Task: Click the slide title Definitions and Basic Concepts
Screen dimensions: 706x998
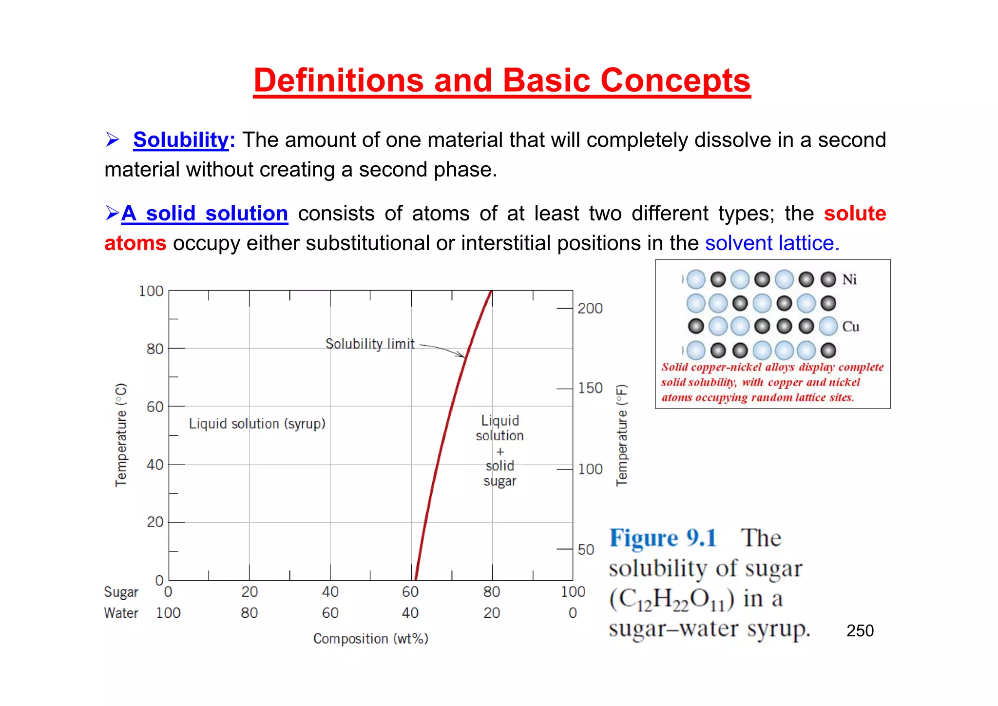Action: pos(501,80)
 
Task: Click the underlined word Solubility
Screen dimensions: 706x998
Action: pos(181,140)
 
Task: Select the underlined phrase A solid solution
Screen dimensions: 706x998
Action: pos(205,214)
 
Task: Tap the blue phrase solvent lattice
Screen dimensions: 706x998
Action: pos(772,243)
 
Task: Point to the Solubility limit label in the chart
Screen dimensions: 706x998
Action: pos(370,344)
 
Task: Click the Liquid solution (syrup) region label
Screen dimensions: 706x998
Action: pos(257,423)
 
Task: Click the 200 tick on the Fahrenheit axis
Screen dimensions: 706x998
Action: pos(590,308)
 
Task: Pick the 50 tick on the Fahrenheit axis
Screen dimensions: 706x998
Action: pos(586,549)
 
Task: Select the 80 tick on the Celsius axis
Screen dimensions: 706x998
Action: pos(155,349)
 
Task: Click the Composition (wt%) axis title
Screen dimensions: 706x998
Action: pos(370,638)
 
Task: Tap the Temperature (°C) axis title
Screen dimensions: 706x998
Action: pos(121,435)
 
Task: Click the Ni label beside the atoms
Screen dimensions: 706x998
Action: pos(849,279)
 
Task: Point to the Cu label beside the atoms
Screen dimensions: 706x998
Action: pos(850,326)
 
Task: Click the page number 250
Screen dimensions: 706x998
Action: pos(860,630)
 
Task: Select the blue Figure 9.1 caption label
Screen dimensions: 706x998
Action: pos(663,538)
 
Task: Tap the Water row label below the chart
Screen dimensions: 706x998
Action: pos(121,613)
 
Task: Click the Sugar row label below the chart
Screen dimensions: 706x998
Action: pos(121,592)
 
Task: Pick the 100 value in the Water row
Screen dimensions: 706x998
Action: pos(168,613)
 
